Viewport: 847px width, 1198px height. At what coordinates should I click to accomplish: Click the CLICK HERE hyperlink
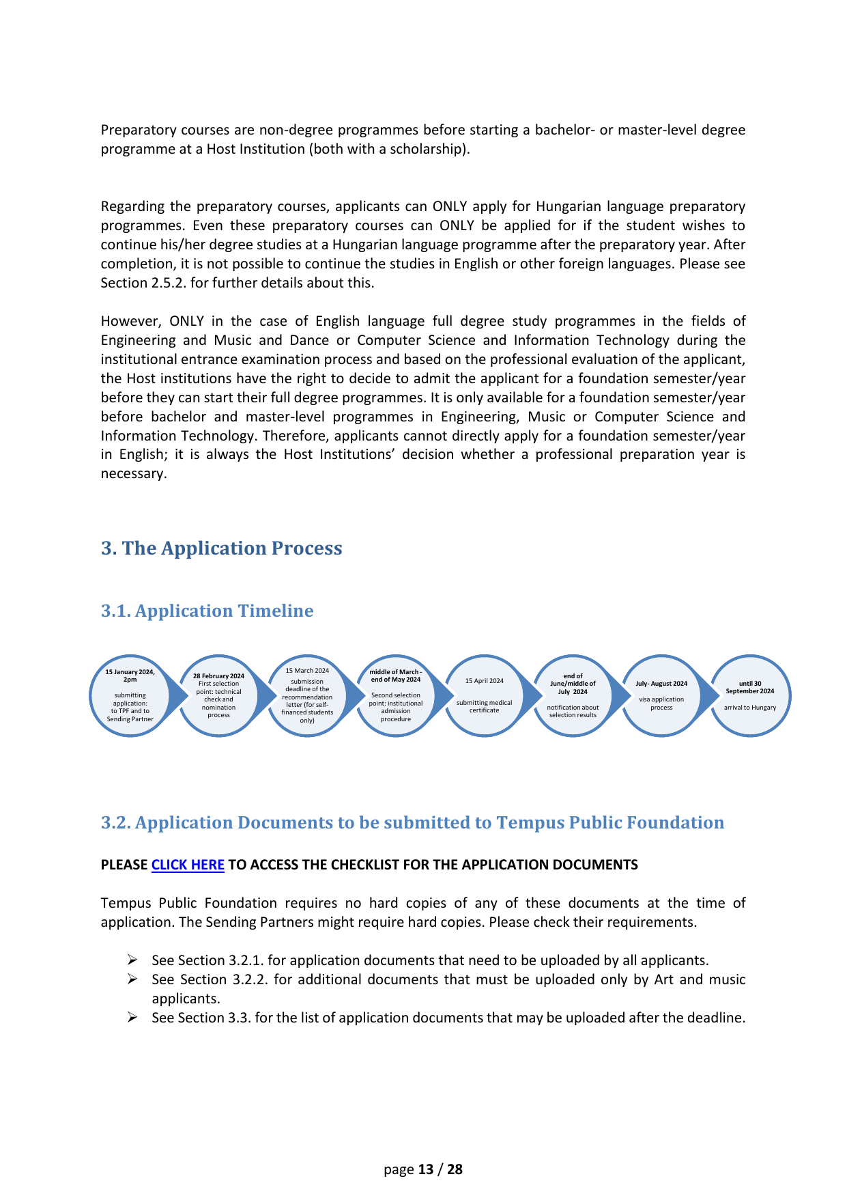(188, 865)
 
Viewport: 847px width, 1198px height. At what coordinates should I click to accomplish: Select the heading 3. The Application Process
(221, 548)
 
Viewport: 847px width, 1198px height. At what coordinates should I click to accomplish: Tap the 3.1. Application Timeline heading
(207, 611)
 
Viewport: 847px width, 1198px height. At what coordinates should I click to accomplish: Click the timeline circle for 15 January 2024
(130, 696)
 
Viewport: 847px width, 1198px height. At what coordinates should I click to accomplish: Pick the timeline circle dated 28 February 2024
(218, 696)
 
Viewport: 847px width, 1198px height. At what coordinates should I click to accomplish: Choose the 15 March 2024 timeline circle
(307, 696)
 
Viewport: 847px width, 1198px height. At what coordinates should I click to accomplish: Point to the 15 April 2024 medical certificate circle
(485, 696)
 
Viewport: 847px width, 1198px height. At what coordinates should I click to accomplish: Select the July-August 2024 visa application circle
(661, 696)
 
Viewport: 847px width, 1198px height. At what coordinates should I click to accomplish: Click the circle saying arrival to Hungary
(750, 696)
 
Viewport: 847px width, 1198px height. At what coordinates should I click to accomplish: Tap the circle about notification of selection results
(573, 696)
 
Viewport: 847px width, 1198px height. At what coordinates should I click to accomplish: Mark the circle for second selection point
(396, 696)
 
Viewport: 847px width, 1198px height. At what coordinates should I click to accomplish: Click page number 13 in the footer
(426, 1169)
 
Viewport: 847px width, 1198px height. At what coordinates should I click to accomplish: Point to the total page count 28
(455, 1169)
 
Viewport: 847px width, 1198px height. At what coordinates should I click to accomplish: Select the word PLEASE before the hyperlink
(124, 865)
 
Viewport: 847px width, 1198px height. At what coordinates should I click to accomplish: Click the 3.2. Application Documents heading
(412, 822)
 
